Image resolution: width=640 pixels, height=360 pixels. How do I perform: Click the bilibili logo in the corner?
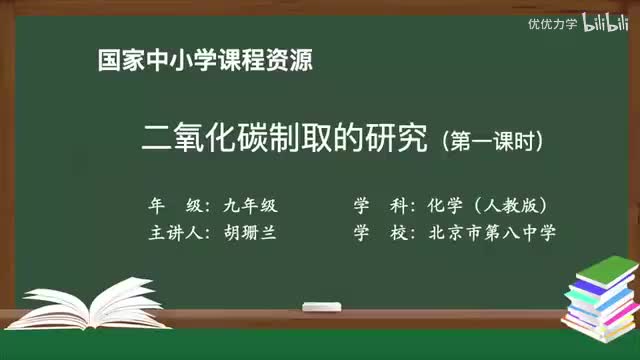point(603,23)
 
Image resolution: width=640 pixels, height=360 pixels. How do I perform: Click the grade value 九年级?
point(247,206)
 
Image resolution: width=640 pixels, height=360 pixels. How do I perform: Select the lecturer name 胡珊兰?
point(247,233)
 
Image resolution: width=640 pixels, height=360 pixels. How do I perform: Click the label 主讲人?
point(176,233)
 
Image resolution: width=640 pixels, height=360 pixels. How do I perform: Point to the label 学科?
point(381,206)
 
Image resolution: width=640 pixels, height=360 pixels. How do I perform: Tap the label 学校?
point(381,233)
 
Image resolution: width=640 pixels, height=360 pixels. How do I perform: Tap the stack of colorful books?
point(599,297)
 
